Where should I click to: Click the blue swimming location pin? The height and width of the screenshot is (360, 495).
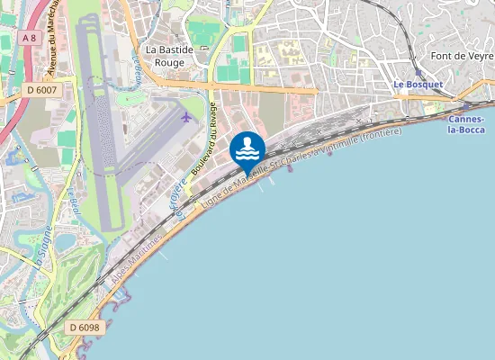(x=247, y=149)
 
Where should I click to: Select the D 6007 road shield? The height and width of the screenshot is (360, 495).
(x=42, y=89)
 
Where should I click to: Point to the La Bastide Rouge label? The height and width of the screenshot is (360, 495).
(x=165, y=56)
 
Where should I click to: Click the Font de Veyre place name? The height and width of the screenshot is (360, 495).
(x=462, y=57)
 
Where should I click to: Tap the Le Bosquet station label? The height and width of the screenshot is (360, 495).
(x=418, y=85)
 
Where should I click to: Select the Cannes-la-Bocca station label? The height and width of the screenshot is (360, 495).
(x=466, y=124)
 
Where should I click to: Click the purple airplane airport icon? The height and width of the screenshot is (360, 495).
(x=186, y=116)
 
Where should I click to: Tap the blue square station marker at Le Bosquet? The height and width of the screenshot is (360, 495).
(x=419, y=75)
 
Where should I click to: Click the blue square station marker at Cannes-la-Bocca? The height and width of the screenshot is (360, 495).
(x=466, y=106)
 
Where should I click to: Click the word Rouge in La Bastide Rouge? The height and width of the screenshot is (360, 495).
(x=169, y=63)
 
